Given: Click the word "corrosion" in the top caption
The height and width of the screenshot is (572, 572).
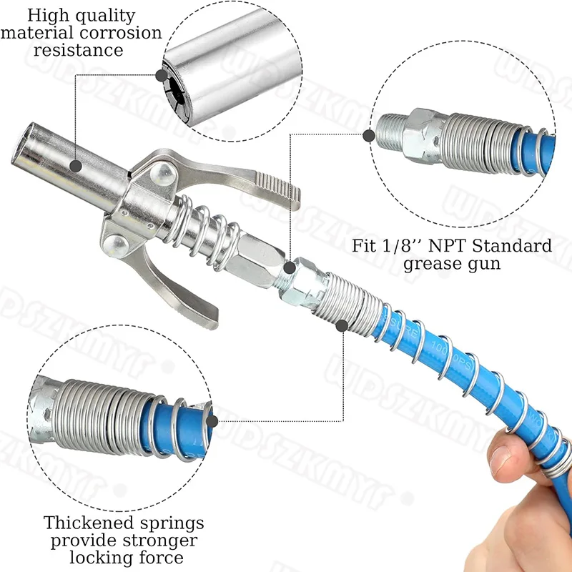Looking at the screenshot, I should [124, 34].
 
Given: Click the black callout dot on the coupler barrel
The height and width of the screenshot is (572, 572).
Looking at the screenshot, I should [75, 165].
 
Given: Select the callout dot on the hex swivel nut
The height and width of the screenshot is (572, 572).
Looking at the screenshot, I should [289, 268].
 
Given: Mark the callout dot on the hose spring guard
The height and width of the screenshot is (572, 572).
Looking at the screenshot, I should [342, 326].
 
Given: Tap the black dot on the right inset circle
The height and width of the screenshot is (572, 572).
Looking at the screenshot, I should [369, 134].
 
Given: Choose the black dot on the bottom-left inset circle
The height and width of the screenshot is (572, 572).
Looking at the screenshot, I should [209, 420].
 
